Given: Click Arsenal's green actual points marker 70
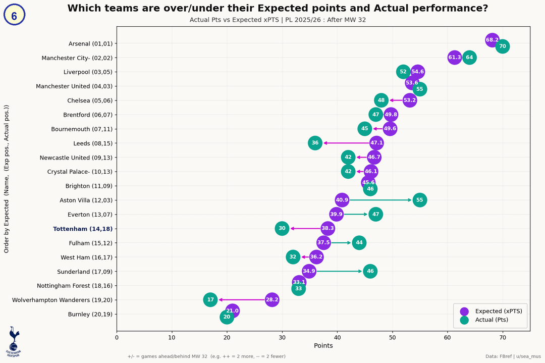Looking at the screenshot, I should click(502, 46).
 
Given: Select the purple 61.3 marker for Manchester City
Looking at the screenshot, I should click(455, 57).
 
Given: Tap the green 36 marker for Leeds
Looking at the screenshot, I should click(315, 143).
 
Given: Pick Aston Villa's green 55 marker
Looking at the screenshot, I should click(419, 200).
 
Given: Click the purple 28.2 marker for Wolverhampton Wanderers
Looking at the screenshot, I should click(272, 300).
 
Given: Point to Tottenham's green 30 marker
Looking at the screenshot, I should click(282, 228).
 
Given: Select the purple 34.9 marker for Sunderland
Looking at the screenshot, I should click(309, 271).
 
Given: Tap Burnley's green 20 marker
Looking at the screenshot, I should click(227, 317).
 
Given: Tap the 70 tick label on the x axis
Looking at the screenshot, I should click(503, 337).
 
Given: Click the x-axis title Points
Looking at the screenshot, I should click(323, 346).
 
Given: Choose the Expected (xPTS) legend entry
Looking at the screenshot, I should click(492, 311).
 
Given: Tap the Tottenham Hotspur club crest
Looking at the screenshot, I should click(14, 341).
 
